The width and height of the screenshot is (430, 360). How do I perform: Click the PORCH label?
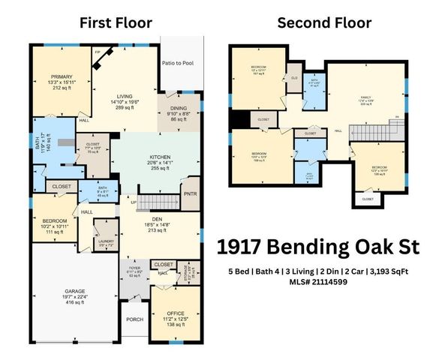134,319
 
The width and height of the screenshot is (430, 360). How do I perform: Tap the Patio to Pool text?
178,63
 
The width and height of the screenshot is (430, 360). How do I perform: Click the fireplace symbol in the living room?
104,57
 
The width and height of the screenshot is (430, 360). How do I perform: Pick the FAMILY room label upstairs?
366,97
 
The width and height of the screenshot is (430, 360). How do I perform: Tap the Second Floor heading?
324,22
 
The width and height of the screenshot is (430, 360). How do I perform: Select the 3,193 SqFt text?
391,271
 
